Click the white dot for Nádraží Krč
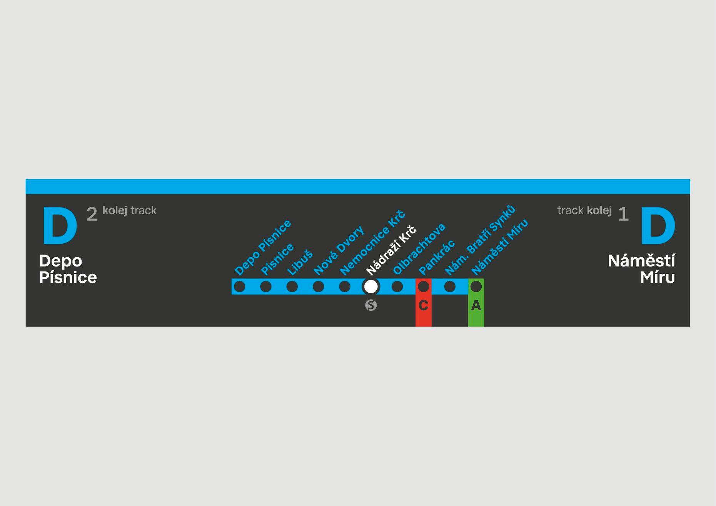371,286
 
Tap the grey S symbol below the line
371,305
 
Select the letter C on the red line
423,305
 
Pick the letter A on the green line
476,305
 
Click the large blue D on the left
60,226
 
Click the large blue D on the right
658,226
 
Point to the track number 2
92,214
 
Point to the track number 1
623,214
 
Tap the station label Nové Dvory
339,251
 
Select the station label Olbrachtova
419,249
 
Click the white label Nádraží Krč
391,251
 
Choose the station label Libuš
300,263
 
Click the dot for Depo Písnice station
239,286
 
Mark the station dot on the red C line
423,286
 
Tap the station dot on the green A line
476,286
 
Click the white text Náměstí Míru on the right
641,269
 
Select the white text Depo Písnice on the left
68,269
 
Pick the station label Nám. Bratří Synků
480,241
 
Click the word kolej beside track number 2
115,211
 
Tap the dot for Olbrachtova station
397,286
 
